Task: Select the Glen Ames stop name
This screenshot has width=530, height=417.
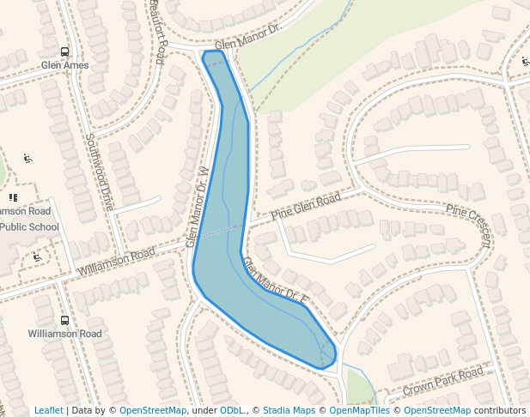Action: [64, 65]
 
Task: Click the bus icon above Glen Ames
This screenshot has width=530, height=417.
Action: [65, 51]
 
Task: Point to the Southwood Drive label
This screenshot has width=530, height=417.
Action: [100, 171]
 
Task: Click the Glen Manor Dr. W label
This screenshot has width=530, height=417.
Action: [198, 206]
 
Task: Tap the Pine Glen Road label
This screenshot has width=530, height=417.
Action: [306, 206]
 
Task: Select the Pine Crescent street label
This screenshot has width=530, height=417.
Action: [469, 224]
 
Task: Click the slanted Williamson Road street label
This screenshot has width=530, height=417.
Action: [117, 262]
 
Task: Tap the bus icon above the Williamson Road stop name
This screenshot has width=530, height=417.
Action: [65, 320]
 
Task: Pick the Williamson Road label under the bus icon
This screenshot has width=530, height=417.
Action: [64, 334]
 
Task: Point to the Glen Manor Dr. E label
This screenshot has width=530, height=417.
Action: [274, 281]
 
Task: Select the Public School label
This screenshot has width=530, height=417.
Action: [29, 227]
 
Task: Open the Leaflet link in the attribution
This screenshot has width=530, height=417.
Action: [49, 411]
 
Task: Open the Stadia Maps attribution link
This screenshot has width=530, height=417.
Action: [289, 411]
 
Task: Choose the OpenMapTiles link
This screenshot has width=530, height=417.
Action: [360, 411]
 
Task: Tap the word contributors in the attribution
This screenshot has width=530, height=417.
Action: [500, 411]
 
